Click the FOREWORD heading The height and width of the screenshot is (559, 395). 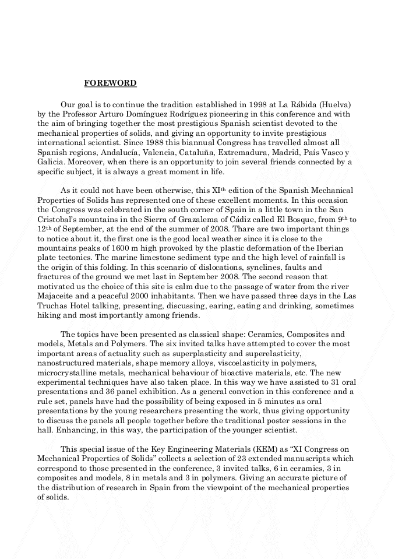point(110,83)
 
